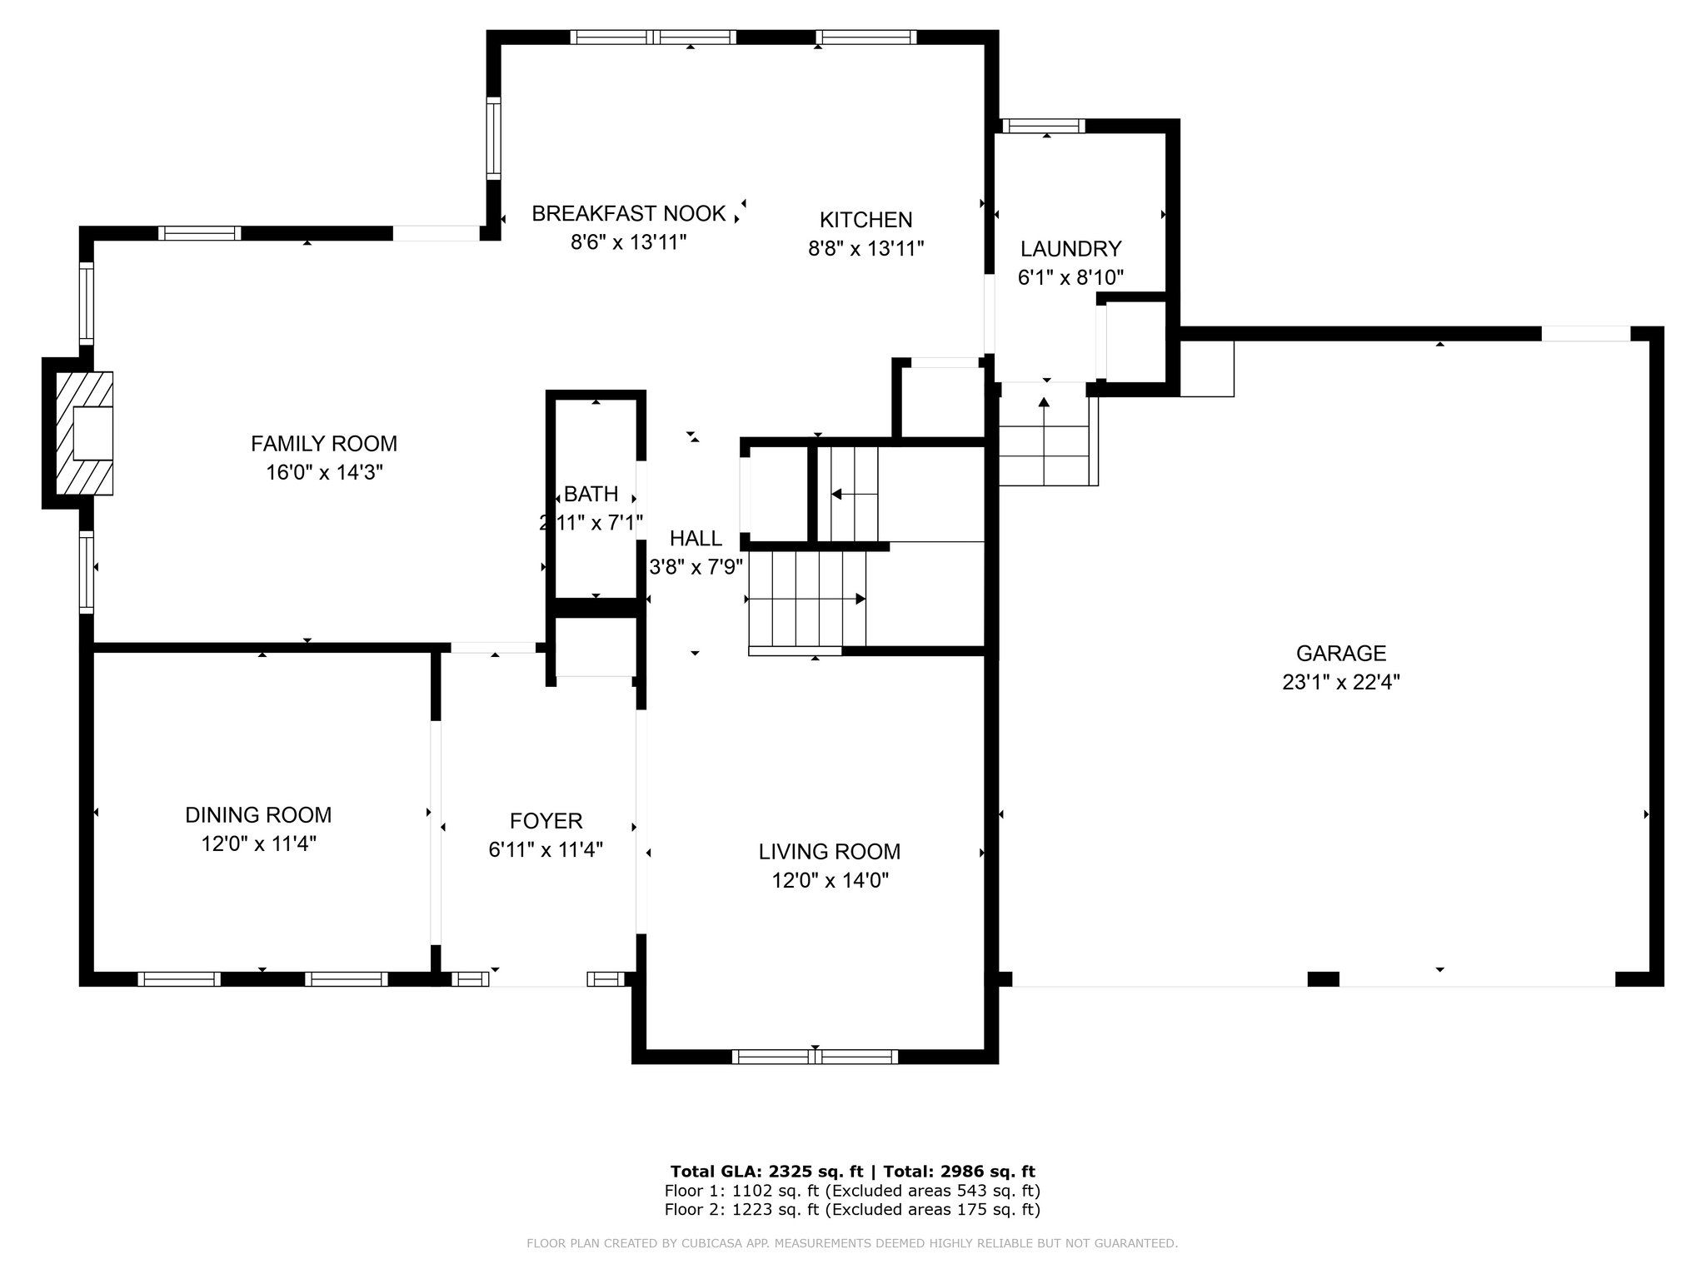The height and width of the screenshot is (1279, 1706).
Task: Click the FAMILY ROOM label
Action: click(324, 444)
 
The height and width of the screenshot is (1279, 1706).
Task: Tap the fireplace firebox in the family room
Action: click(92, 433)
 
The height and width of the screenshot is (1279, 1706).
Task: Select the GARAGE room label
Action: click(1341, 654)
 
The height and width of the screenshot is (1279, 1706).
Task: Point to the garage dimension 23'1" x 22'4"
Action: click(1341, 683)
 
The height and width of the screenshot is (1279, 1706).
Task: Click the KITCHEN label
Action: click(866, 220)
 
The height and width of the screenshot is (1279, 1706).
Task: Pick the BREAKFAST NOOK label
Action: click(629, 214)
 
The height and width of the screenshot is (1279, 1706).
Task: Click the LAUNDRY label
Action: click(1071, 249)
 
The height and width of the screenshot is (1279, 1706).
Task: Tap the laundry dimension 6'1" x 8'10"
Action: click(1071, 278)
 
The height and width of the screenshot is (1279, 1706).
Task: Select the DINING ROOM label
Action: click(258, 815)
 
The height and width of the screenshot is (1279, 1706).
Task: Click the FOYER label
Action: click(546, 821)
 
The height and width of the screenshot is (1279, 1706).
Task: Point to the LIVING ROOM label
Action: click(830, 852)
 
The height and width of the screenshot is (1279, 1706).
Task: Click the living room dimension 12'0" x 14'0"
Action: click(831, 881)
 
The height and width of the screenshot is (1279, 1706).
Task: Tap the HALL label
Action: click(696, 539)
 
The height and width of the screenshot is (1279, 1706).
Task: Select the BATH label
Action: click(591, 495)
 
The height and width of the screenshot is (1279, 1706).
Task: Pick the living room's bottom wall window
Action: click(815, 1057)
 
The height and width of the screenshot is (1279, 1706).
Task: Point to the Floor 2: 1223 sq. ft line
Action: click(852, 1210)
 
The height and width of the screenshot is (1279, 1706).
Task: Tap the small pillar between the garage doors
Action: click(1323, 979)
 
